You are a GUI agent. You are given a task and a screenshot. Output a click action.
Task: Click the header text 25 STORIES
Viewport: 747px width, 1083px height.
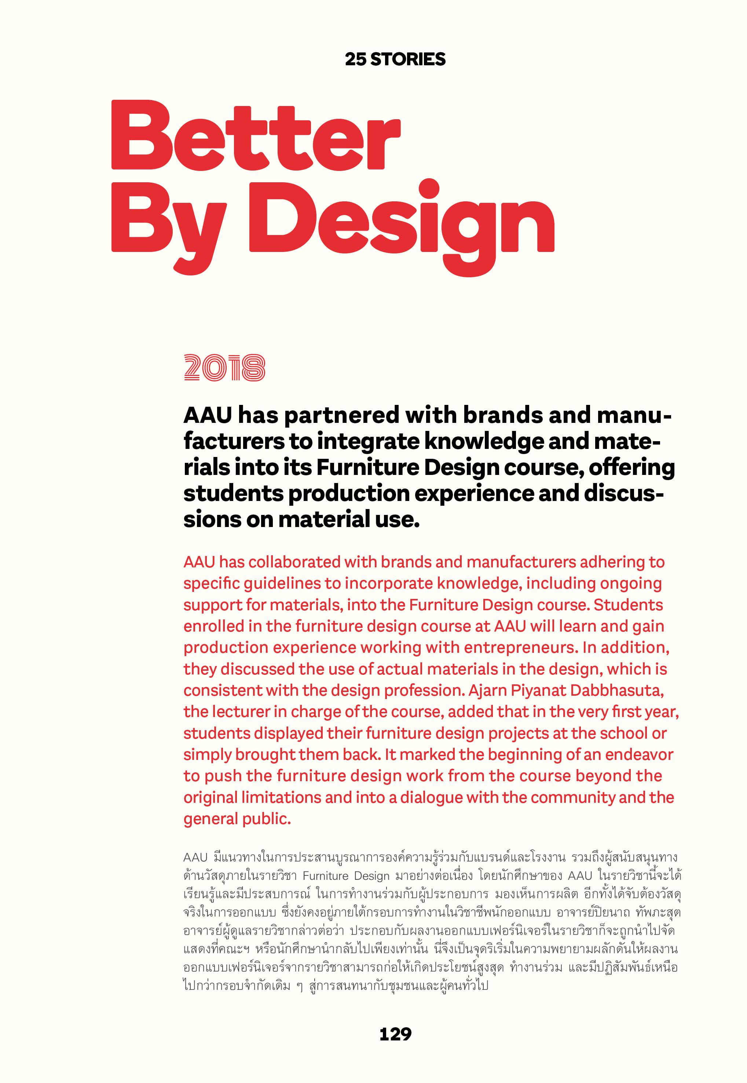395,59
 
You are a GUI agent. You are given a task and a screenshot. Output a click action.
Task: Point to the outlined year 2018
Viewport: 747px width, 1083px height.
225,367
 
